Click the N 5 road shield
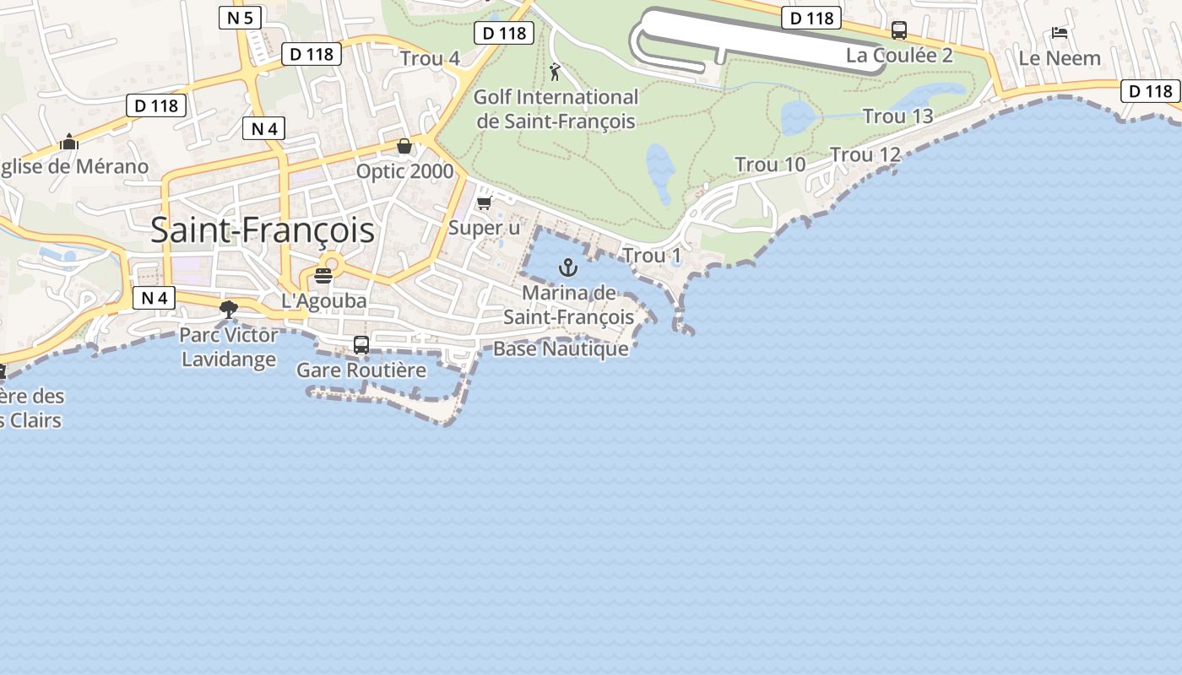click(x=240, y=18)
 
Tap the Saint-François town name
click(x=263, y=229)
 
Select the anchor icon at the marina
click(x=568, y=268)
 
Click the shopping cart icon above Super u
click(x=485, y=203)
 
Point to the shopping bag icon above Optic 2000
click(x=404, y=146)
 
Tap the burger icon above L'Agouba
click(x=323, y=275)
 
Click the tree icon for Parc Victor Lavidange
click(x=228, y=310)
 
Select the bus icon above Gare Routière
click(x=361, y=344)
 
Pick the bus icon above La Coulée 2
click(x=899, y=30)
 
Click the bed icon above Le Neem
click(x=1060, y=33)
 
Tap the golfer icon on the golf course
click(x=555, y=72)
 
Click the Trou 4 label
click(x=430, y=58)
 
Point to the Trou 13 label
click(x=897, y=116)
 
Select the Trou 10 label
click(x=770, y=165)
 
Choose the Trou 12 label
click(x=865, y=154)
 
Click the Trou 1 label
click(x=651, y=255)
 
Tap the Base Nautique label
click(x=561, y=348)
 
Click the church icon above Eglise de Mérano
click(x=69, y=142)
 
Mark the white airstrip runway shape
click(x=760, y=38)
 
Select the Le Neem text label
click(x=1060, y=58)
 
